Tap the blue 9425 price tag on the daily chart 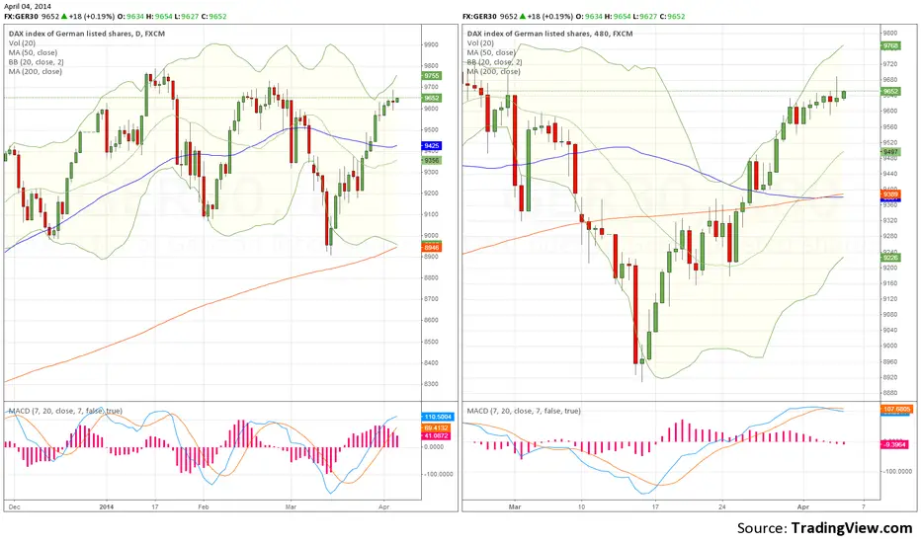coord(432,145)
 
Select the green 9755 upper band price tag coord(432,76)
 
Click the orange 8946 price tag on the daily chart coord(432,246)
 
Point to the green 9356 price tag coord(432,160)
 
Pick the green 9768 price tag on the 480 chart coord(889,44)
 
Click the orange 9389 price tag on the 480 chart coord(889,194)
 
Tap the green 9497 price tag coord(889,152)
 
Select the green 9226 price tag coord(889,258)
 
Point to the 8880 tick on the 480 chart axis coord(888,392)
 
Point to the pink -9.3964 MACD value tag coord(894,444)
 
